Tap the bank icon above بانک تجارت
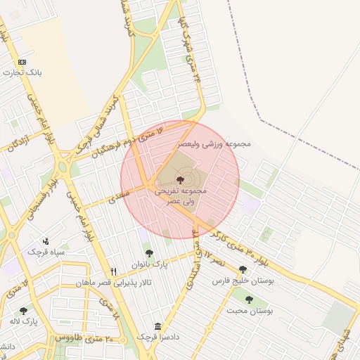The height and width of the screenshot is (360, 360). [21, 62]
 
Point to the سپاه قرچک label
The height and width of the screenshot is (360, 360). [46, 251]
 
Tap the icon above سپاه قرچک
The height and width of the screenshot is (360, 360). [46, 240]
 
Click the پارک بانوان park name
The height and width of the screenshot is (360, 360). [150, 264]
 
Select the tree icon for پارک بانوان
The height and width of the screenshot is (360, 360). [148, 253]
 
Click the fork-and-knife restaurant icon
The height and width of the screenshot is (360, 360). [112, 271]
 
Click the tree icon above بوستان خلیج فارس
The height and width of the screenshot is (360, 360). [243, 269]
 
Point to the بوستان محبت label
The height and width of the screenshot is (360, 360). [252, 310]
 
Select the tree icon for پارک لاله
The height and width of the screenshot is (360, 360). [23, 310]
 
